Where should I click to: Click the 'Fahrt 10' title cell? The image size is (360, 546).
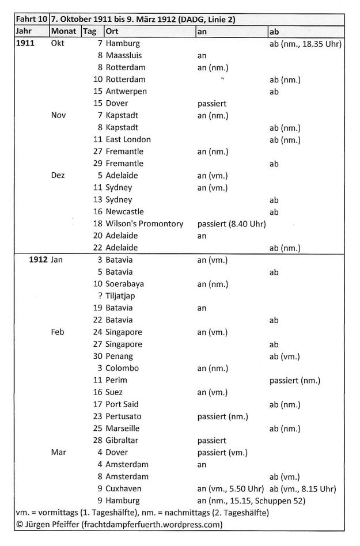[x=31, y=20]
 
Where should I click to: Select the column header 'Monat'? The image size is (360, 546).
[x=63, y=31]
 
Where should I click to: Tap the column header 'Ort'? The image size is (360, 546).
[x=112, y=31]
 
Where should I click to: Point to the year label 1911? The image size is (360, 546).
[x=27, y=43]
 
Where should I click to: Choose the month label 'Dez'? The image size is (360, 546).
[x=59, y=175]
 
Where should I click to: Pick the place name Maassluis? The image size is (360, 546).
[x=124, y=55]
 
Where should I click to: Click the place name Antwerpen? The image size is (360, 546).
[x=126, y=91]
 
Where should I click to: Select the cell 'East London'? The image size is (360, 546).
[x=128, y=139]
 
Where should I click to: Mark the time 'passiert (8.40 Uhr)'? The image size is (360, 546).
[x=231, y=223]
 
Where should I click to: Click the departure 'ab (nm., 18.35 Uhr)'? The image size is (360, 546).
[x=306, y=43]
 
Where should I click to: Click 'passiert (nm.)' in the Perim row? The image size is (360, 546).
[x=295, y=380]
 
